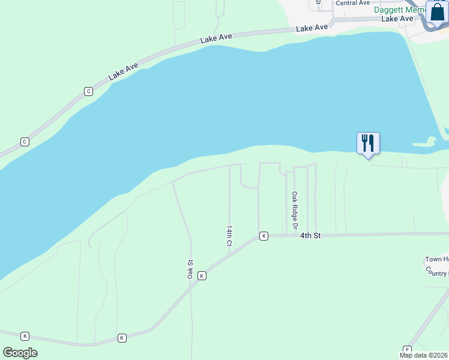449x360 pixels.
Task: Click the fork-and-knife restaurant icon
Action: click(x=368, y=143)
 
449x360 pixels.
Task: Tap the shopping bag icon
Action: click(x=436, y=12)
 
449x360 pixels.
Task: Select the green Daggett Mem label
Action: click(x=399, y=10)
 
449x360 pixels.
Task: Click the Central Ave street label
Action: click(x=352, y=3)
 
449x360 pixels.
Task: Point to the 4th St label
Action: click(x=310, y=236)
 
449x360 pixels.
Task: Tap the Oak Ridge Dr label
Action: click(x=295, y=210)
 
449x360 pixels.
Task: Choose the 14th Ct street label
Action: click(x=229, y=236)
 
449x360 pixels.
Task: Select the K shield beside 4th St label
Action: click(x=264, y=236)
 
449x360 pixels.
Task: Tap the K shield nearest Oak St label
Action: click(x=202, y=275)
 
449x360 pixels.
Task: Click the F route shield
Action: click(x=407, y=350)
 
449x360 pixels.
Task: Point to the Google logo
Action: click(x=20, y=352)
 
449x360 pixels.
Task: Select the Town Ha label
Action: click(x=437, y=259)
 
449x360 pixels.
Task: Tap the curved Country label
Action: click(x=437, y=271)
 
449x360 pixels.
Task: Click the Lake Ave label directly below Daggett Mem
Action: click(x=398, y=19)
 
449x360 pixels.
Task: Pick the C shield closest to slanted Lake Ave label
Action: click(x=89, y=91)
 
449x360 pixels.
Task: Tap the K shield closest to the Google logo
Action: click(x=25, y=336)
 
